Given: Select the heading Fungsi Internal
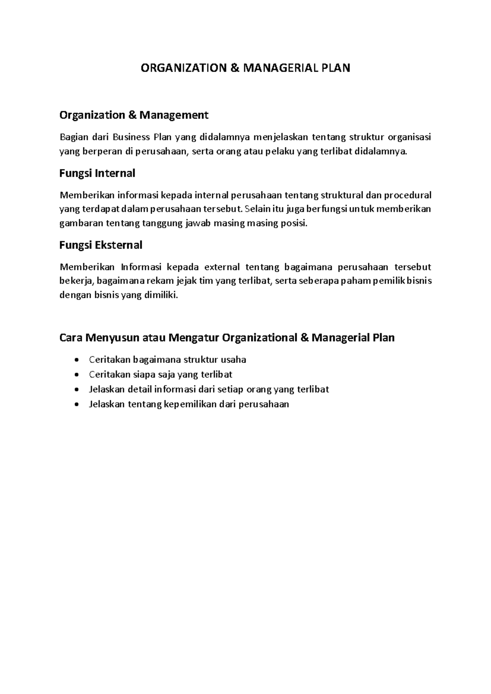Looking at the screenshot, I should (x=97, y=173).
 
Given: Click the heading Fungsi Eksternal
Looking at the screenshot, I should (x=101, y=245).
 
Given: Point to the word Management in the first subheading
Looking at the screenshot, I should (x=174, y=115).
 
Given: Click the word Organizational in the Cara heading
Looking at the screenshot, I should (x=259, y=338).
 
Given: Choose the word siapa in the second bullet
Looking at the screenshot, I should (x=133, y=374).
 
